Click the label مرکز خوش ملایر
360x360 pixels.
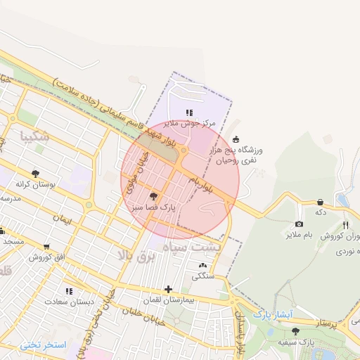[x=188, y=123]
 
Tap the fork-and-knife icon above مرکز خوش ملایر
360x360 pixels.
[x=188, y=112]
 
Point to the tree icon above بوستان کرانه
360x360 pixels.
[x=34, y=172]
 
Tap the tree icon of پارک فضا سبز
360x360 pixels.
[x=154, y=196]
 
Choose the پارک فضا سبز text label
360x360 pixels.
[x=153, y=207]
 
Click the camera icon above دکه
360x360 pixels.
[x=320, y=202]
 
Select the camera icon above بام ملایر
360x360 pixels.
[x=298, y=224]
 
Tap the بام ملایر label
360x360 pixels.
[x=298, y=235]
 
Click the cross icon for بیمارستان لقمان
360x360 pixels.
[x=167, y=289]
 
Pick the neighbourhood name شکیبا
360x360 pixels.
[x=35, y=136]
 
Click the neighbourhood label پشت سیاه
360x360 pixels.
[x=192, y=247]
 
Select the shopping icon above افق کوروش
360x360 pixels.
[x=46, y=247]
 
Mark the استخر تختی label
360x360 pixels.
[x=43, y=345]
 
